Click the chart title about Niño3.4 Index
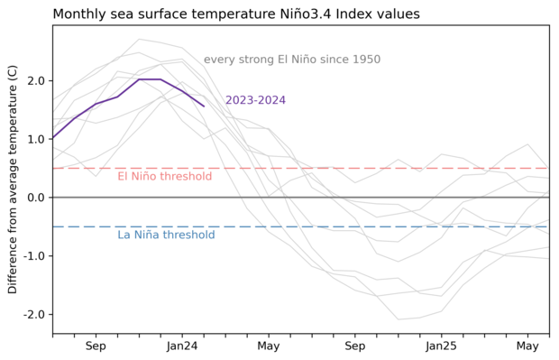click(248, 14)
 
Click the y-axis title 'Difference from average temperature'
click(13, 179)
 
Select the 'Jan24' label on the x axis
click(182, 346)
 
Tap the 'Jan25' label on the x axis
click(442, 346)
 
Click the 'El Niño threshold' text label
click(164, 177)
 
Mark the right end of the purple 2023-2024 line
click(204, 106)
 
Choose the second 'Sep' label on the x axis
click(355, 346)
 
